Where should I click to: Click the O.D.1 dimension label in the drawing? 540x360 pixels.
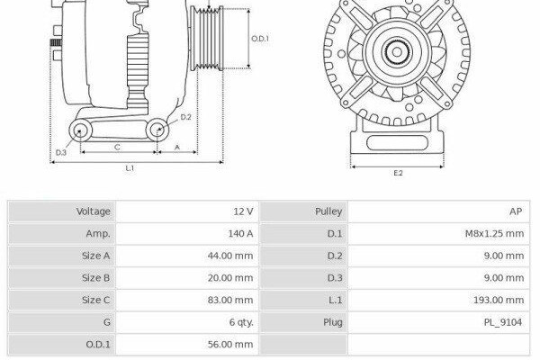260,39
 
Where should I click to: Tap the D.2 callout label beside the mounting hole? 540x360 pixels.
185,117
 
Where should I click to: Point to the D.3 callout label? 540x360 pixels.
61,152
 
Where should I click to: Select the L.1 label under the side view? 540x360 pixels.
130,168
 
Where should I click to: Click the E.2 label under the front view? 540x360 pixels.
398,173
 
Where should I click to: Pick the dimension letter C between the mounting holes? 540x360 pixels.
117,147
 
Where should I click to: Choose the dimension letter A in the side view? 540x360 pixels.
177,147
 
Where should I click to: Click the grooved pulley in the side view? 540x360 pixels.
207,39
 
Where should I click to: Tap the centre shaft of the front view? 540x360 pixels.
397,52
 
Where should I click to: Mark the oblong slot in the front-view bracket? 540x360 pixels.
397,142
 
